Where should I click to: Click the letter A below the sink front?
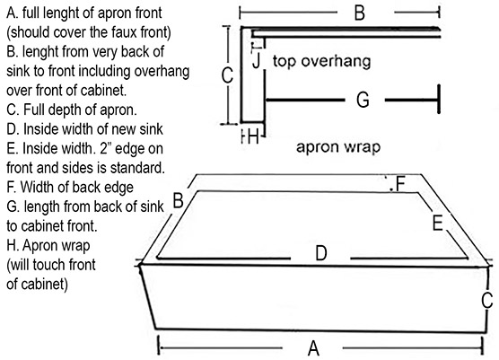(x=313, y=348)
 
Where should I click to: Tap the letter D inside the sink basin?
(x=321, y=253)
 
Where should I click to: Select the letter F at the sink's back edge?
(x=400, y=184)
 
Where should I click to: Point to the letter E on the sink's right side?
(x=438, y=223)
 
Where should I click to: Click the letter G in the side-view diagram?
(x=363, y=100)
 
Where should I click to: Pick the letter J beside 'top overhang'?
(x=257, y=60)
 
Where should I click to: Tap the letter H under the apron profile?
(x=253, y=137)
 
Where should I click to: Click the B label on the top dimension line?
(x=360, y=13)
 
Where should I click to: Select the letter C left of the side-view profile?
(x=227, y=75)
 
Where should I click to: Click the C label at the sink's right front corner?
(x=487, y=300)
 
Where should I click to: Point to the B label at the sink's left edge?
(x=178, y=200)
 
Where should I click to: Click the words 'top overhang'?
(x=321, y=61)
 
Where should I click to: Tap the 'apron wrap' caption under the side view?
(x=338, y=146)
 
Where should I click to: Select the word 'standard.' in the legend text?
(x=137, y=168)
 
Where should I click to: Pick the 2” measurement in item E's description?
(x=105, y=148)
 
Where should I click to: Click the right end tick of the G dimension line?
(x=439, y=99)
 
